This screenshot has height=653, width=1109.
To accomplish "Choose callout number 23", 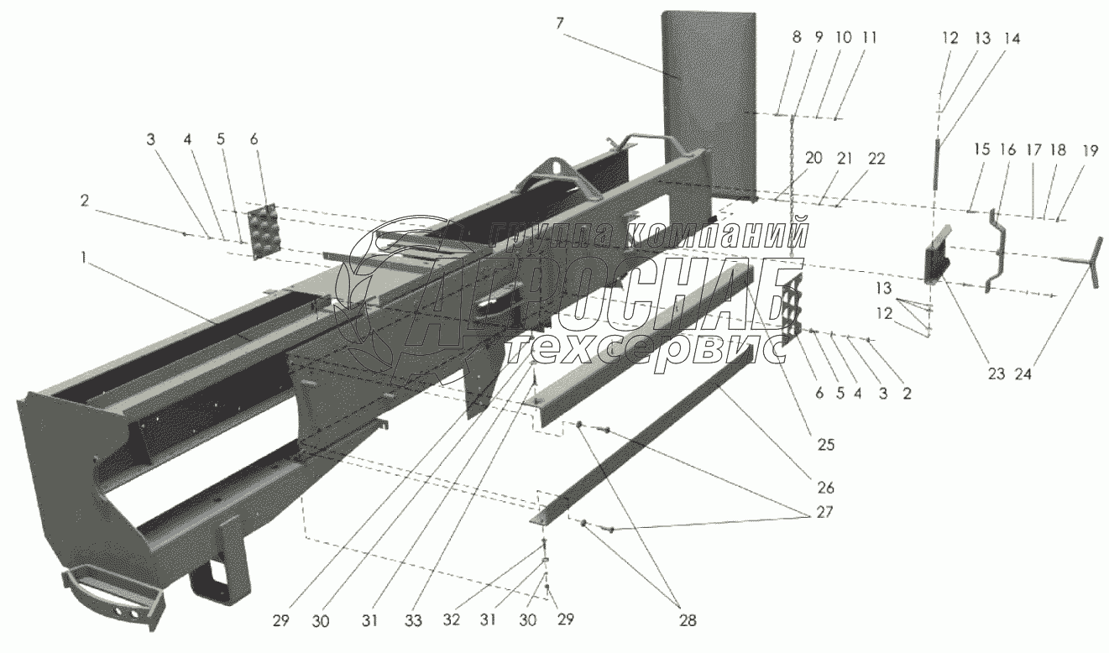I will point(996,374).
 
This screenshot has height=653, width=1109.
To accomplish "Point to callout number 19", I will point(1066,151).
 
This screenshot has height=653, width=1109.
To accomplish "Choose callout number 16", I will point(1007,151).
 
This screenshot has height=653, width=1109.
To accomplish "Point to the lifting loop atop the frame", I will point(555,172).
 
